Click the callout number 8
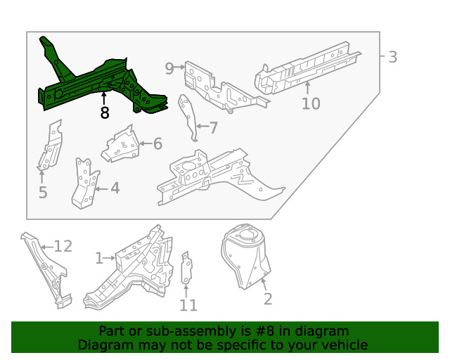[104, 112]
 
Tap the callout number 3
[392, 57]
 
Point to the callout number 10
[311, 104]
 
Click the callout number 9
[169, 68]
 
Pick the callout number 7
[213, 127]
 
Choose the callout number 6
[157, 144]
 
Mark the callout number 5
[43, 192]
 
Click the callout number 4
[114, 188]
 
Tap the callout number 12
[63, 246]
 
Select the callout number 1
[99, 259]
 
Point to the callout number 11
[188, 305]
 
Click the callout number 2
[267, 299]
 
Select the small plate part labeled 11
[187, 269]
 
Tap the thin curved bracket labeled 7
[187, 117]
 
